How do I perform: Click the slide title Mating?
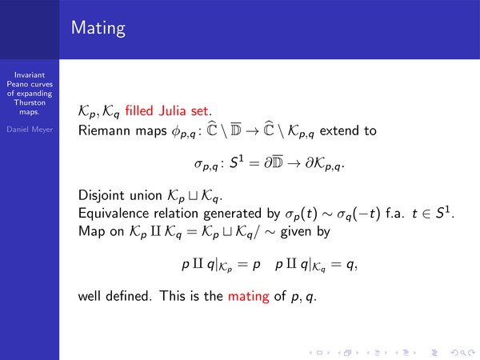tap(98, 29)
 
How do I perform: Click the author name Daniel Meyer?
tap(30, 130)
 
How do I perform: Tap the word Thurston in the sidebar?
tap(30, 102)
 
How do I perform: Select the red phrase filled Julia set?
tap(166, 110)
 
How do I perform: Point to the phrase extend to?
tap(348, 130)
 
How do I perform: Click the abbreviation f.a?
tap(394, 213)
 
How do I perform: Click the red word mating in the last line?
tap(249, 296)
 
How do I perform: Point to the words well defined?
tap(114, 296)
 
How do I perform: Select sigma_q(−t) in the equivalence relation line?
tap(358, 214)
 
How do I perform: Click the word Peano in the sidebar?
tap(17, 84)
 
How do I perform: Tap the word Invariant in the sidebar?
tap(30, 75)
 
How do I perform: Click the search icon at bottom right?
tap(463, 353)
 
